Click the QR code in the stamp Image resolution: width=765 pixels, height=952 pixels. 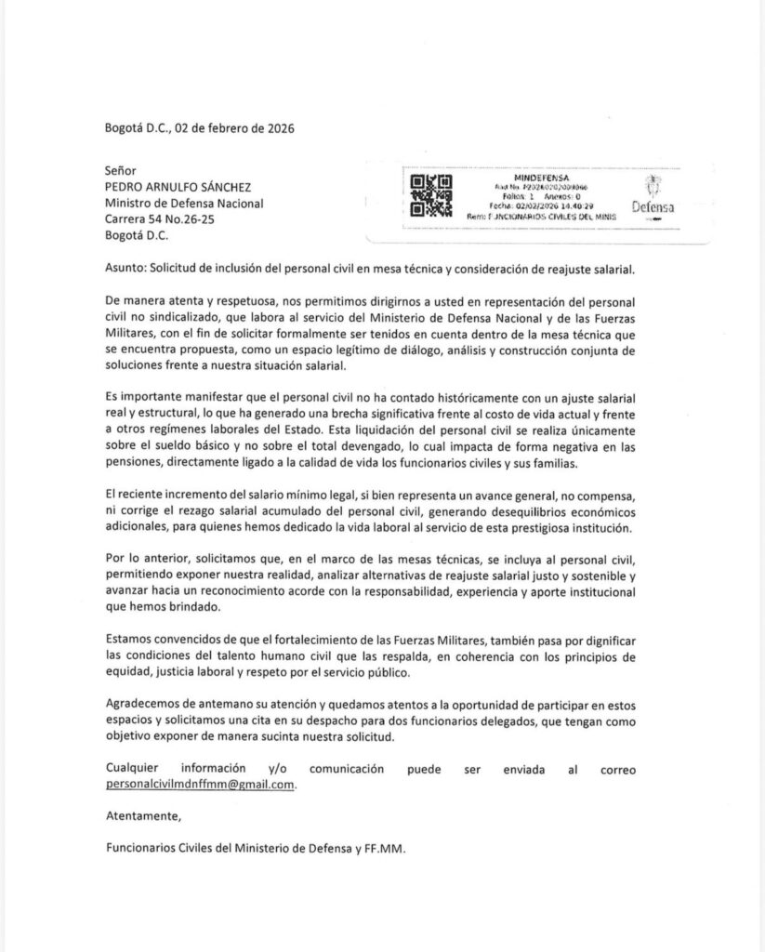coord(430,195)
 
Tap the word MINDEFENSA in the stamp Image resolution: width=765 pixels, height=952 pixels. coord(542,176)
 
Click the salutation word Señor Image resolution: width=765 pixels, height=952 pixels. coord(121,171)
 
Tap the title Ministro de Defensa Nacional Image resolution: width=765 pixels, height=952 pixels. coord(184,204)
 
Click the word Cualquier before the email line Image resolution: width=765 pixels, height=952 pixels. coord(136,769)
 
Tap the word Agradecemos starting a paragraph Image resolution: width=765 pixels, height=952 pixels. coord(147,704)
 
